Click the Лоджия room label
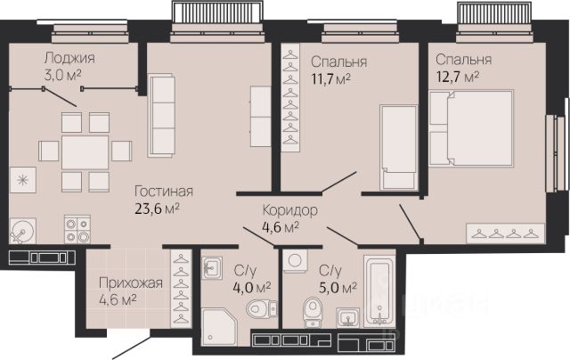69,58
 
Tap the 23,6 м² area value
157,209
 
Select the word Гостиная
164,191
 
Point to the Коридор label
289,210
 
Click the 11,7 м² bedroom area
330,79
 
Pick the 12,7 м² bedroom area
457,78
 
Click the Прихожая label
131,282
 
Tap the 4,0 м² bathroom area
252,287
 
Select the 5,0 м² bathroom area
338,289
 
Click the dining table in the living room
85,152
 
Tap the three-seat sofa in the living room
161,116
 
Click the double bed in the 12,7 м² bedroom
471,128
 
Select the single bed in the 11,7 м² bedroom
398,147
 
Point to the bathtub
379,290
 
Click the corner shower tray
219,327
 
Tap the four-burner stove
77,229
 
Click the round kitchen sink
22,231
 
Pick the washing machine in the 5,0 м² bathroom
295,261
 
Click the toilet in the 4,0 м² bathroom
261,308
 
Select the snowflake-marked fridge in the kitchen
22,180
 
